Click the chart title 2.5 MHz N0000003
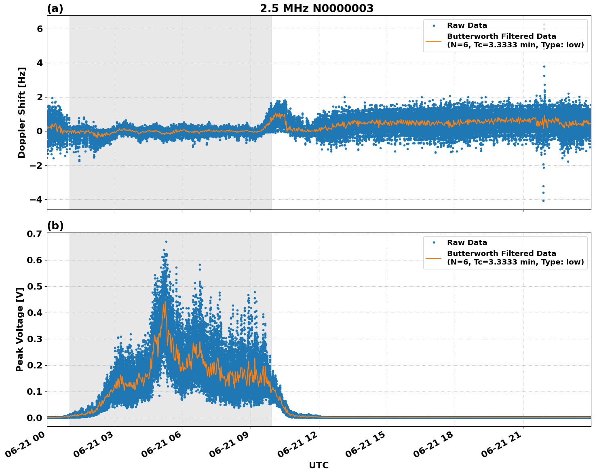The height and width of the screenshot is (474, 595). (316, 8)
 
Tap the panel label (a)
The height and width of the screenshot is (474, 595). (55, 8)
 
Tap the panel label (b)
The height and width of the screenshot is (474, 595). (55, 226)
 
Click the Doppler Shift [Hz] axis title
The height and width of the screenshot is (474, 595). (22, 112)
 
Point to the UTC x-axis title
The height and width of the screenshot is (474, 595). (319, 465)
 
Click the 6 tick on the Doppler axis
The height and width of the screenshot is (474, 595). (40, 29)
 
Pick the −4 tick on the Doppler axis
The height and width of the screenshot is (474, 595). (37, 199)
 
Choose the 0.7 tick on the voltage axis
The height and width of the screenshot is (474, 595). (35, 234)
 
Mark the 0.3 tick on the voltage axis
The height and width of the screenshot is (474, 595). (35, 339)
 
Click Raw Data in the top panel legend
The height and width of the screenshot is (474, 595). (467, 25)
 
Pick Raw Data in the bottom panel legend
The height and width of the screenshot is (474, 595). (467, 243)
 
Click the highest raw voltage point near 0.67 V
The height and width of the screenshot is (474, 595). (166, 241)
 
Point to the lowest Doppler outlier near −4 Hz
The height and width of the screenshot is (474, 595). (543, 201)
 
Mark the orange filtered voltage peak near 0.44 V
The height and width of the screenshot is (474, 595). (165, 302)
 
